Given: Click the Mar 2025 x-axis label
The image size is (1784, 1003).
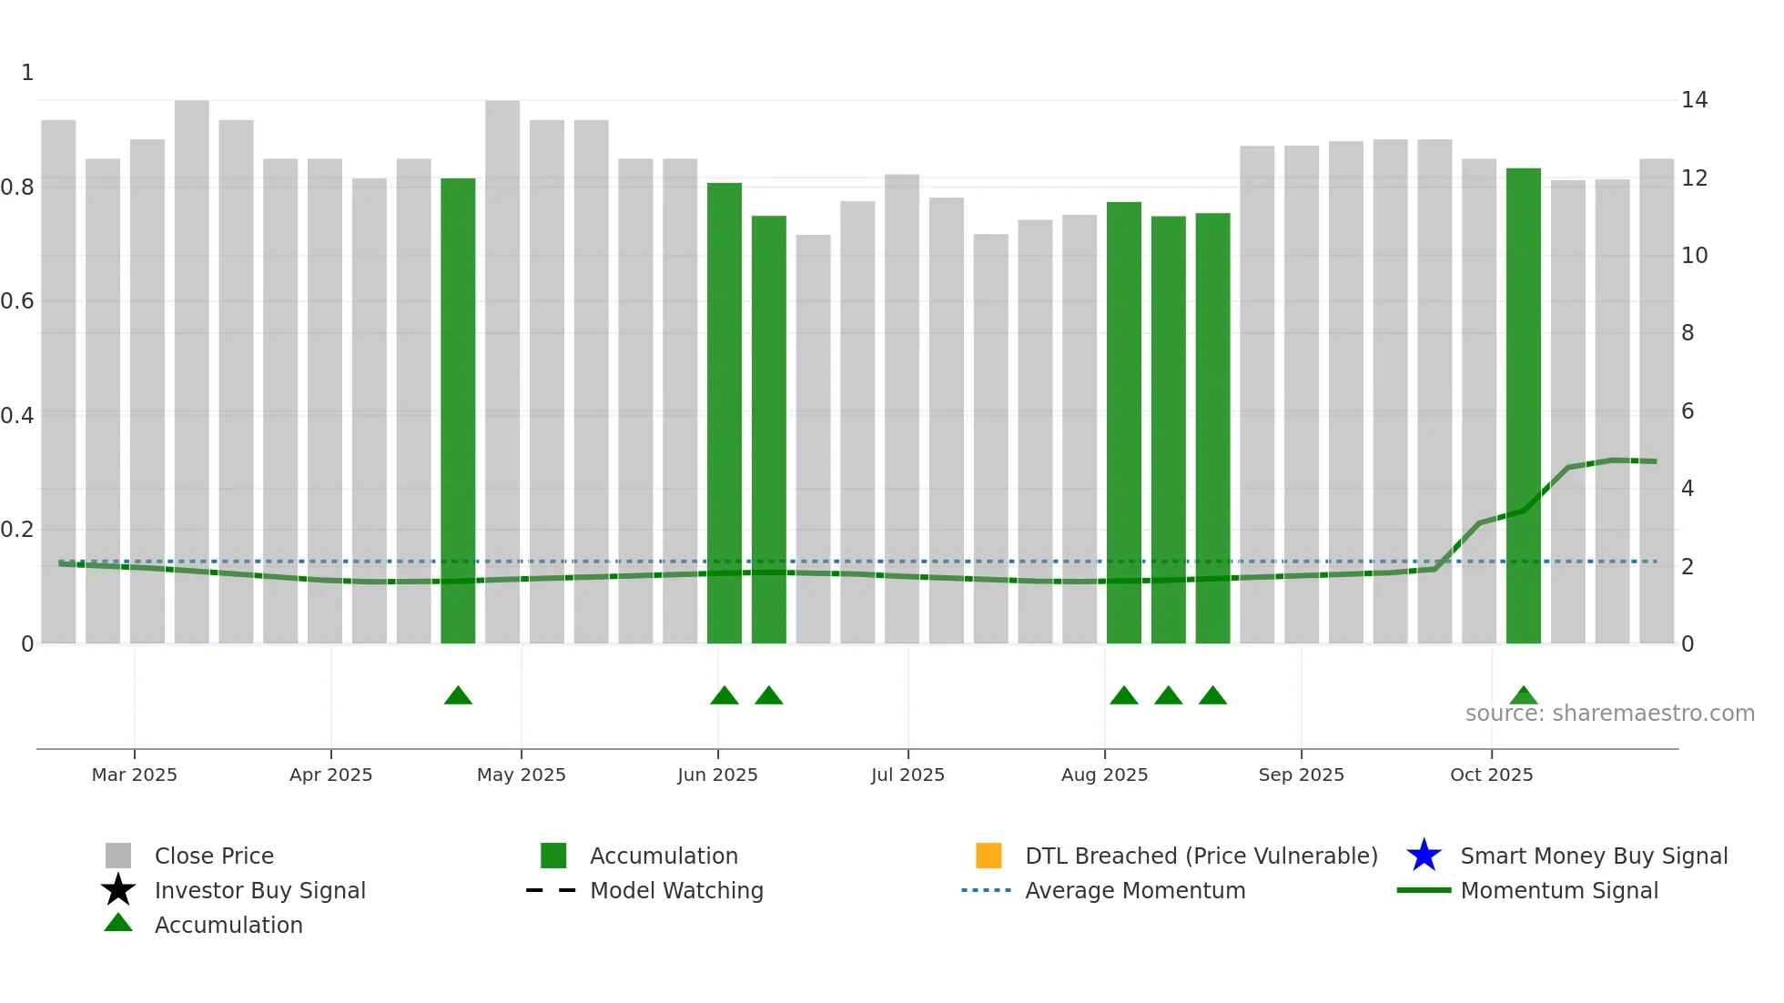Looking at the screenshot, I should point(135,775).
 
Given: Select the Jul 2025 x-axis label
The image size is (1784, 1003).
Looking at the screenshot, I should point(907,775).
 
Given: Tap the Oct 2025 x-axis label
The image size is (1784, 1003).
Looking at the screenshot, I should point(1491,775).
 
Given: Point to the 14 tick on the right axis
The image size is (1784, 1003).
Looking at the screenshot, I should point(1694,100).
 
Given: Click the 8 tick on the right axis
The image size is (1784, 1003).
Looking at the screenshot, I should point(1688,333).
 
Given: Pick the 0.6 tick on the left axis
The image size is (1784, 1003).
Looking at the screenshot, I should point(17,301).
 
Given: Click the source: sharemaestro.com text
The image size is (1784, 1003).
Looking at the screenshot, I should point(1609,714).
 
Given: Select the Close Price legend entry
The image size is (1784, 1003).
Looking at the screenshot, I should point(214,856).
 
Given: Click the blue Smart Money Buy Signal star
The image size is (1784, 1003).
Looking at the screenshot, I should point(1424,856).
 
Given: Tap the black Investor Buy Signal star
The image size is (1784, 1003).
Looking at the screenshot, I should point(118,890).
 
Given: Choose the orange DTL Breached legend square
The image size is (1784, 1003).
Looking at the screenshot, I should point(988,856).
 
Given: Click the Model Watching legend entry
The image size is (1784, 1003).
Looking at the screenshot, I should point(676,890).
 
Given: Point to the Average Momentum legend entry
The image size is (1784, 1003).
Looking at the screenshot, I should point(1135,890).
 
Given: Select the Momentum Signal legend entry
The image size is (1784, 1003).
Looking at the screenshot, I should point(1559,890).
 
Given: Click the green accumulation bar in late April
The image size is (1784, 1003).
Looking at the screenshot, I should point(458,410).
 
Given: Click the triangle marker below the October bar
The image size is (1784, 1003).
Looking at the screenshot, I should point(1523,696).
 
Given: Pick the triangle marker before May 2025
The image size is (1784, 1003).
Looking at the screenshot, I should point(458,696).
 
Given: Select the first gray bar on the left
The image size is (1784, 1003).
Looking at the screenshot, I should point(58,382).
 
